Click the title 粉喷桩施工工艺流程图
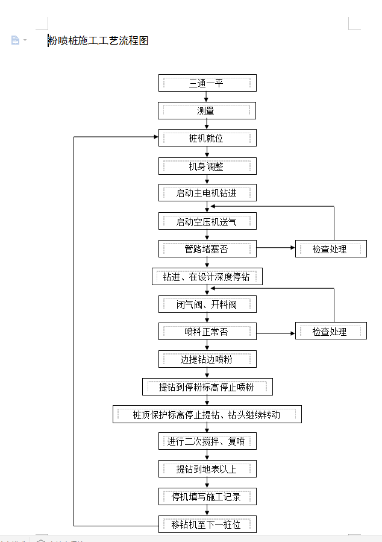click(98, 40)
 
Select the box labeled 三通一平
click(207, 83)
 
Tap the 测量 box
click(207, 110)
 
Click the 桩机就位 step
click(207, 138)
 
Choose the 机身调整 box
click(207, 166)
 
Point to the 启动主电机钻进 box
click(207, 193)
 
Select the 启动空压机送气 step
click(207, 221)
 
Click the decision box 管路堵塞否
click(207, 249)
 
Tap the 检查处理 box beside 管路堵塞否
click(331, 249)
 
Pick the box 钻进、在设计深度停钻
click(207, 277)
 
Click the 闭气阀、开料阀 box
click(207, 304)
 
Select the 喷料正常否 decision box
click(207, 332)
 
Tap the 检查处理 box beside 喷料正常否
click(331, 331)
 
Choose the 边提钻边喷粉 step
click(207, 359)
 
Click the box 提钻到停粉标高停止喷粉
click(207, 387)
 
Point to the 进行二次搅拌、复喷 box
click(207, 441)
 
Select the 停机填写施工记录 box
click(207, 497)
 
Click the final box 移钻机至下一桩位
click(207, 525)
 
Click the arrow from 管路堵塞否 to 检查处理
click(275, 248)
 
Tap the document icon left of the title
click(15, 40)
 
